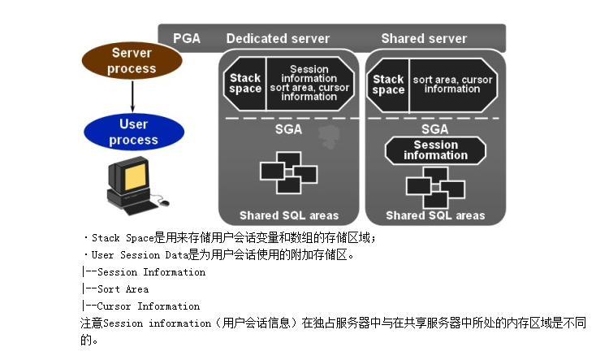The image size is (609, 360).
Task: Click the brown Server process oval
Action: click(x=132, y=61)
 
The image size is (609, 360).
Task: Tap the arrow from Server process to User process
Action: click(x=132, y=96)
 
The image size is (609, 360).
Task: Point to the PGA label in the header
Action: click(x=187, y=38)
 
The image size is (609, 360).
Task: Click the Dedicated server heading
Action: click(x=278, y=38)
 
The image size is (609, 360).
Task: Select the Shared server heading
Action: click(x=424, y=38)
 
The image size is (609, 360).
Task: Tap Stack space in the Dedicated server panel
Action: click(x=245, y=84)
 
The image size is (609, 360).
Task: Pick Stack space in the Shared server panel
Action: click(x=388, y=85)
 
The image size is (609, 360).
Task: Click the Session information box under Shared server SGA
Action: click(x=435, y=150)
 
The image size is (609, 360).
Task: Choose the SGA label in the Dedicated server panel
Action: click(x=288, y=129)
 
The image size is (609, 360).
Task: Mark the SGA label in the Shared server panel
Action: click(x=435, y=129)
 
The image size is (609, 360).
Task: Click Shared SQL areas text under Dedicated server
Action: click(x=288, y=215)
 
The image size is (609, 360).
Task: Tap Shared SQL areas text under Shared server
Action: click(x=435, y=215)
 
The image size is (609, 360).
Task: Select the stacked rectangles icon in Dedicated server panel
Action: click(x=287, y=173)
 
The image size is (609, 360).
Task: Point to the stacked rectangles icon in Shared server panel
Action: click(x=435, y=187)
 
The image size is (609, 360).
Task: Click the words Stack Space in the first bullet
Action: click(x=123, y=238)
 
